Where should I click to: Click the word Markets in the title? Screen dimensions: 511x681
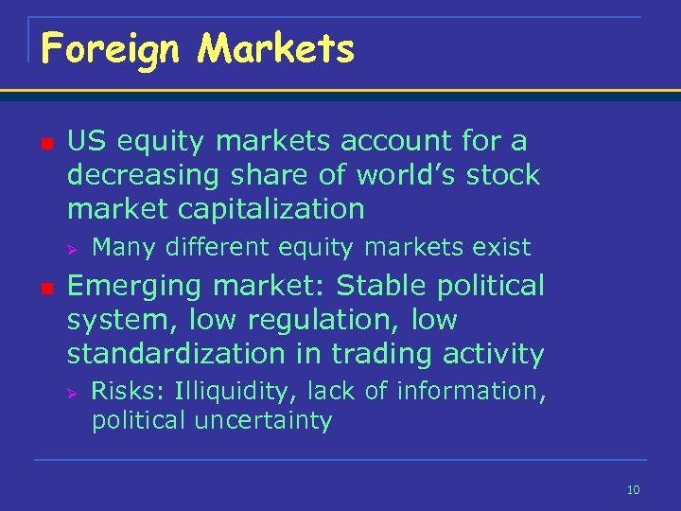click(x=275, y=48)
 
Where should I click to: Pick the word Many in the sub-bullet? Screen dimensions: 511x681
click(x=125, y=248)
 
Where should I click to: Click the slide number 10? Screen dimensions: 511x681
click(x=633, y=489)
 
